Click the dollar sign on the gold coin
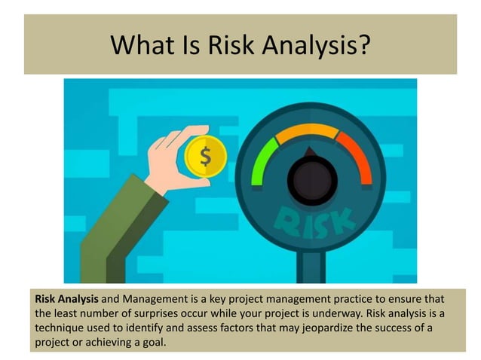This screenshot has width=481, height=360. [206, 157]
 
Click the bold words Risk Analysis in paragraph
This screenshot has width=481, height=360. [67, 300]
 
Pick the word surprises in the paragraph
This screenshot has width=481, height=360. [182, 314]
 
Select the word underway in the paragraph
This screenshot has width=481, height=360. [364, 314]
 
